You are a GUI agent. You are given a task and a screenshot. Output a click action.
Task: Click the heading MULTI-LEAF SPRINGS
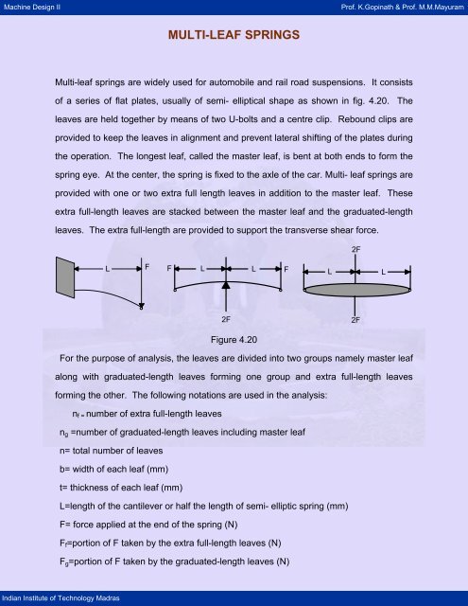(x=234, y=38)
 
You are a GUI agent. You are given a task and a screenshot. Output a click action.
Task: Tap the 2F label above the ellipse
(x=355, y=248)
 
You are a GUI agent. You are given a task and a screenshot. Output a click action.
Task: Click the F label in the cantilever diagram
(x=148, y=267)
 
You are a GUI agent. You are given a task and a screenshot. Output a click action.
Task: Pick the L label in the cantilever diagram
(x=108, y=267)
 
